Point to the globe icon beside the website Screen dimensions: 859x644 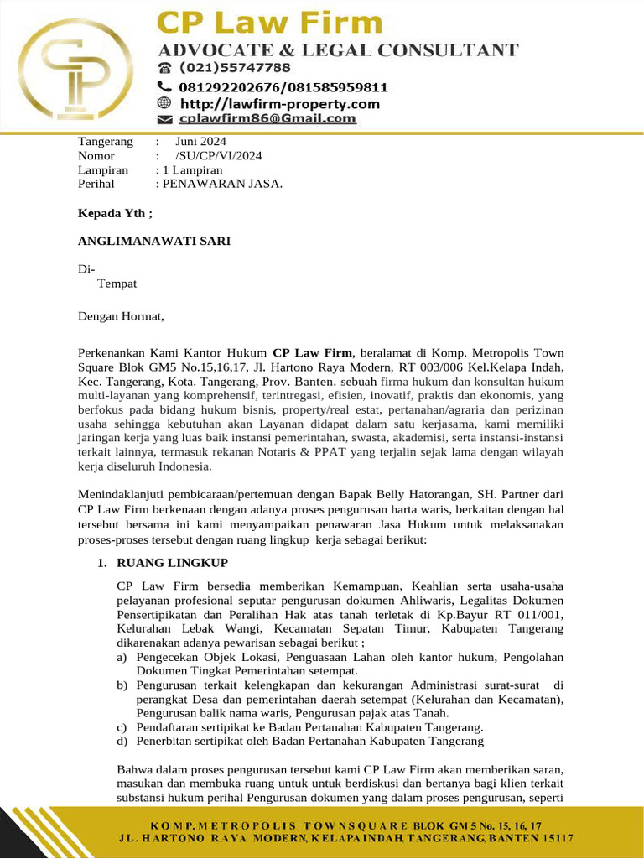pos(165,103)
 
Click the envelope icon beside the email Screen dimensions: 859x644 pos(165,119)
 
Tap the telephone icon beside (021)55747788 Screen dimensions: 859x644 pos(165,67)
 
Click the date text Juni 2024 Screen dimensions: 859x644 pos(200,142)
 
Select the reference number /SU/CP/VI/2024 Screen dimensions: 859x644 pos(218,156)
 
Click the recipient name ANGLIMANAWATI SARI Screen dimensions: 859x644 pos(154,242)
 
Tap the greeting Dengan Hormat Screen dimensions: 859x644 pos(122,317)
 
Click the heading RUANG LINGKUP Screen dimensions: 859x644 pos(172,562)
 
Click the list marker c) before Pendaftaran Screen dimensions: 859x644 pos(122,727)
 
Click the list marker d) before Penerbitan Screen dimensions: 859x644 pos(122,742)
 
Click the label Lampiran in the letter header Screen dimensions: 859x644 pos(102,170)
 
